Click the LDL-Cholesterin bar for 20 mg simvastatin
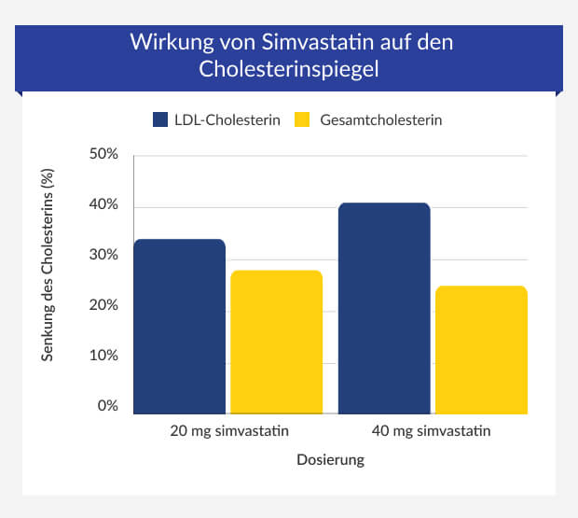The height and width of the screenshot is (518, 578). pyautogui.click(x=180, y=327)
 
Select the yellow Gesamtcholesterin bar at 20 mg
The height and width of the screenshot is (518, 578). pyautogui.click(x=276, y=342)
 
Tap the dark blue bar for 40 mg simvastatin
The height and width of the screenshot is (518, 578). pyautogui.click(x=384, y=308)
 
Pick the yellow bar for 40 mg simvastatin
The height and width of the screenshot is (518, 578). pyautogui.click(x=481, y=350)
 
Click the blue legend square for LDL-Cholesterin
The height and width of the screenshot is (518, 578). pyautogui.click(x=159, y=120)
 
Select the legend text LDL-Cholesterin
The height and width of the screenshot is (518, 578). pyautogui.click(x=227, y=120)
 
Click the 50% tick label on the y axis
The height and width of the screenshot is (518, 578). pyautogui.click(x=103, y=155)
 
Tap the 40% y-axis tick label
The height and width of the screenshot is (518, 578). pyautogui.click(x=103, y=205)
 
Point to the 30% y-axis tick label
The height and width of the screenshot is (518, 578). pyautogui.click(x=103, y=256)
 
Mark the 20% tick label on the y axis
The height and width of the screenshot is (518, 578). pyautogui.click(x=103, y=306)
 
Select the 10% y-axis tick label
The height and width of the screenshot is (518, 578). pyautogui.click(x=103, y=357)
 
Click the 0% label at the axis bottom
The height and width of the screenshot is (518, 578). pyautogui.click(x=107, y=407)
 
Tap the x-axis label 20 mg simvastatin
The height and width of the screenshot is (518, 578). pyautogui.click(x=228, y=431)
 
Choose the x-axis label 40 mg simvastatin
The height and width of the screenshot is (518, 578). pyautogui.click(x=433, y=431)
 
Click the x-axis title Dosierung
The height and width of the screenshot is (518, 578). pyautogui.click(x=330, y=460)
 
